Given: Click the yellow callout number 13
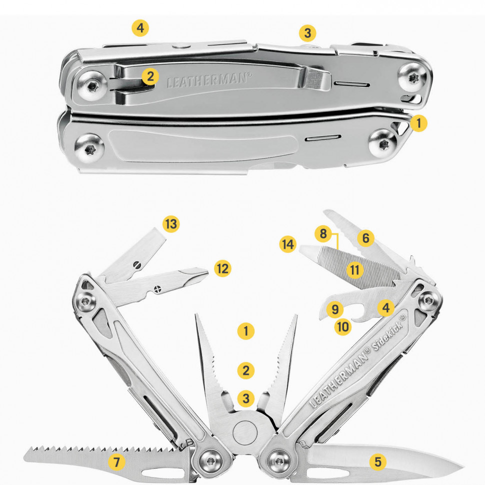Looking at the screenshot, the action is click(x=171, y=223).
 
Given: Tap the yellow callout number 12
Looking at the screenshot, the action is click(x=222, y=268).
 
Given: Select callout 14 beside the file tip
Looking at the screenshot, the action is click(x=287, y=244).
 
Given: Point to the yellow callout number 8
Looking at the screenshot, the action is click(x=323, y=233).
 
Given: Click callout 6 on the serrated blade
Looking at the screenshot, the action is click(x=365, y=238).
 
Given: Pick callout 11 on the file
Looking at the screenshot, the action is click(x=354, y=269).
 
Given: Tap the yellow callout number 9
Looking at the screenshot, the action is click(x=335, y=309).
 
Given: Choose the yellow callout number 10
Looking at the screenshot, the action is click(x=342, y=326).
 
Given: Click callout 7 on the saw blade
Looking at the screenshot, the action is click(x=116, y=462).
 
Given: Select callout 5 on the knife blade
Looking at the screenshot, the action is click(x=378, y=462).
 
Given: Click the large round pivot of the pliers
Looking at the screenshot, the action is click(x=245, y=432).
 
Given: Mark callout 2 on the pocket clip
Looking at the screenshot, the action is click(x=150, y=76).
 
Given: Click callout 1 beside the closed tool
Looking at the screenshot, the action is click(x=418, y=123).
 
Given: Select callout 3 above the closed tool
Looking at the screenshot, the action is click(x=307, y=33).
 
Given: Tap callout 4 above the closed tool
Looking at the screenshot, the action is click(x=140, y=28).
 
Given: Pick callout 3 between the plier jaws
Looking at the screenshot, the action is click(x=246, y=398).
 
